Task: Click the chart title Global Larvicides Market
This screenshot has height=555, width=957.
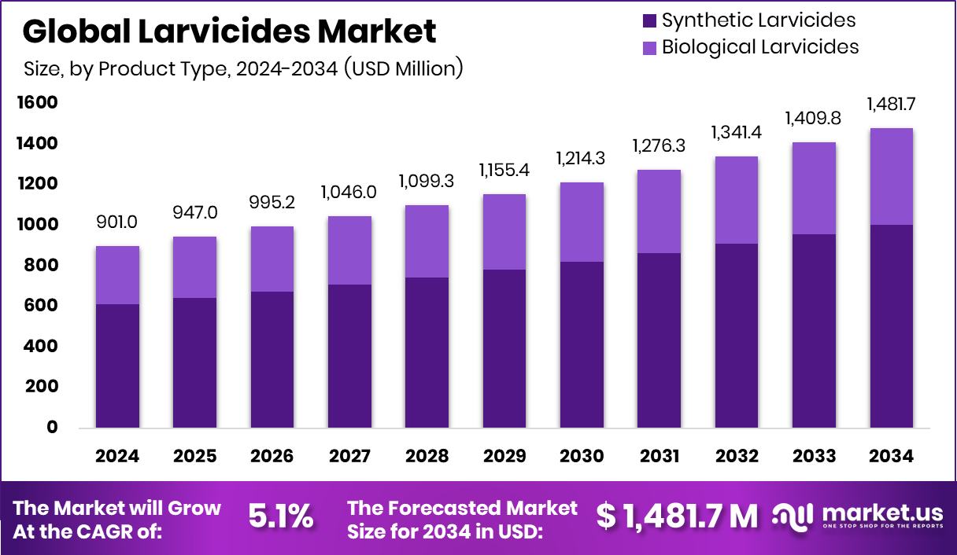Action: tap(229, 32)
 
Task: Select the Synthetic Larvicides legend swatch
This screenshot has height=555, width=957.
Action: tap(649, 20)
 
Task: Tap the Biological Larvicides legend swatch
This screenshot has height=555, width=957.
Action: tap(649, 47)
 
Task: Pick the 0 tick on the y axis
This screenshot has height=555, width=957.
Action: tap(52, 428)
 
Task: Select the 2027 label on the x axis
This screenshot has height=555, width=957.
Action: tap(349, 457)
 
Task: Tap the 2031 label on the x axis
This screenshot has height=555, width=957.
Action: tap(660, 457)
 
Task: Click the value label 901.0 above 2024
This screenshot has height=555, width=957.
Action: tap(118, 222)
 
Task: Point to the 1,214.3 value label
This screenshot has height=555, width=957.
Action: tap(582, 158)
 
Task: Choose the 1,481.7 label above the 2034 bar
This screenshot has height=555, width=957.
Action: tap(892, 104)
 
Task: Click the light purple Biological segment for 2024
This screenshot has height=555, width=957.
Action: tap(118, 275)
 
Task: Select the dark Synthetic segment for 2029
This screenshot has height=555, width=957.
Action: tap(504, 348)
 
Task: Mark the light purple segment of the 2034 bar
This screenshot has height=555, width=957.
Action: tap(892, 177)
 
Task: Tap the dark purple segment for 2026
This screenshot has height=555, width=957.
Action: tap(272, 359)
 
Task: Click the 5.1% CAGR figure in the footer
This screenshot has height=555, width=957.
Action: tap(281, 516)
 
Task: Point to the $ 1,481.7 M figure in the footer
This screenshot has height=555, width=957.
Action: tap(677, 516)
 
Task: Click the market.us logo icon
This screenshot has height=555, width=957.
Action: tap(793, 516)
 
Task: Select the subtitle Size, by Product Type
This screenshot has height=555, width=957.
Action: tap(242, 69)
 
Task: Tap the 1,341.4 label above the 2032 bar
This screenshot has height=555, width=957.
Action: tap(737, 132)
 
